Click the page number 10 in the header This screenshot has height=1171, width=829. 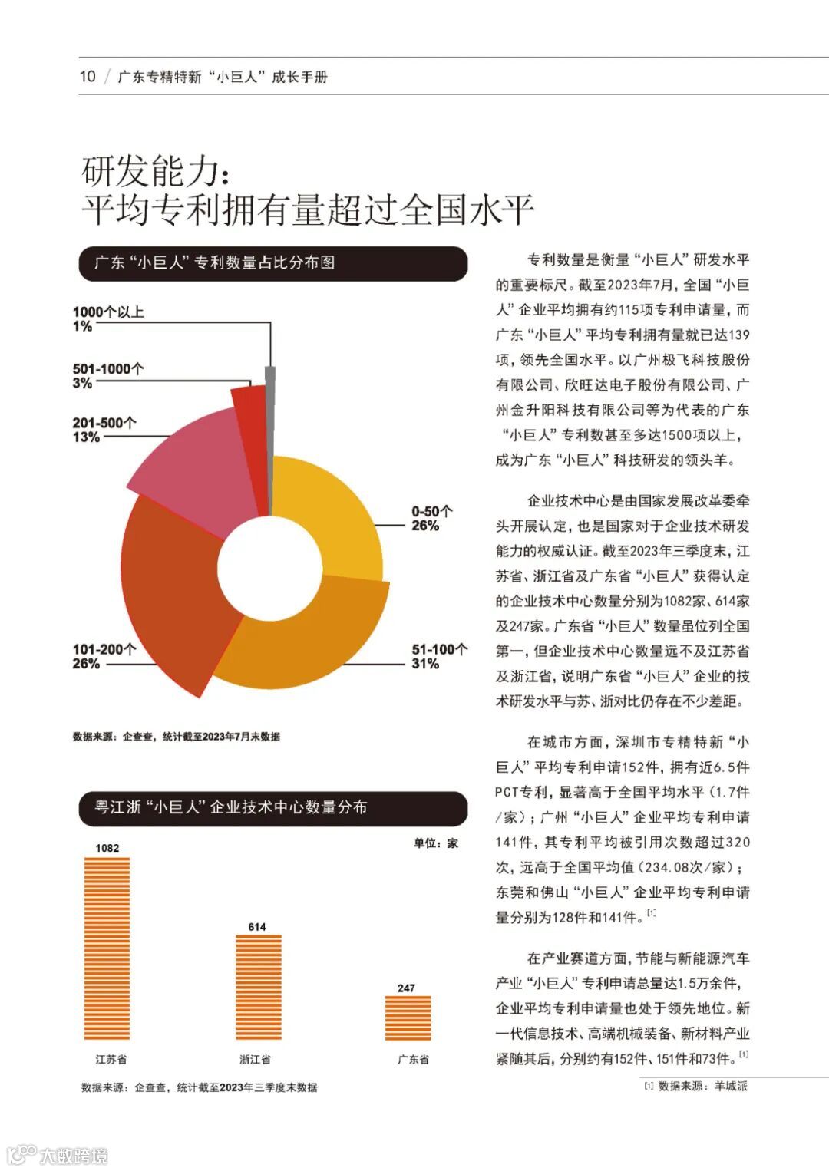tap(88, 77)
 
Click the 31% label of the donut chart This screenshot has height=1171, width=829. tap(425, 664)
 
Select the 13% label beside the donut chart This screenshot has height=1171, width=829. tap(86, 437)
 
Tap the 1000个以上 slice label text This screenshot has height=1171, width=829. tap(108, 312)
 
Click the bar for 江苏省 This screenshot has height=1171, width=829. tap(107, 948)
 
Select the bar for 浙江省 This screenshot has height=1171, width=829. tap(258, 987)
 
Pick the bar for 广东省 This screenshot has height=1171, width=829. tap(408, 1018)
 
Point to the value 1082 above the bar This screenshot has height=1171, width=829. tap(107, 848)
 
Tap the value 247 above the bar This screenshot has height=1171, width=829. tap(407, 988)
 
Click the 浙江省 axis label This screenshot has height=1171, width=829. tap(255, 1060)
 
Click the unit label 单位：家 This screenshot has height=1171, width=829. tap(436, 843)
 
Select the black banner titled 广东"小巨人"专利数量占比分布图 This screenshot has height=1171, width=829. tap(273, 263)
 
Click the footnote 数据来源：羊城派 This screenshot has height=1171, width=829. tap(696, 1087)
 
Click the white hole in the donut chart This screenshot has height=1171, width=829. tap(269, 568)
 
